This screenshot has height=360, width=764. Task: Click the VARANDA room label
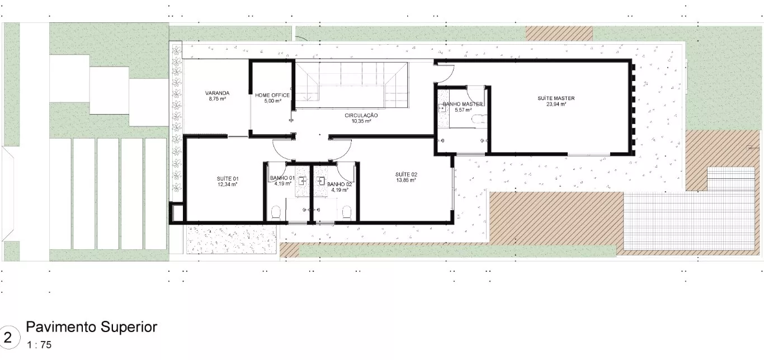(x=217, y=93)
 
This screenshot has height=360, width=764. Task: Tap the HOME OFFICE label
(x=272, y=95)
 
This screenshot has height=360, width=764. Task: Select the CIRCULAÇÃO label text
(x=361, y=115)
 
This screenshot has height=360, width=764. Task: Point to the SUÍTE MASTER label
(x=556, y=98)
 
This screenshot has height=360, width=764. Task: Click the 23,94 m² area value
(x=556, y=104)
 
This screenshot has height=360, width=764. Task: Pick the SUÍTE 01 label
(x=228, y=179)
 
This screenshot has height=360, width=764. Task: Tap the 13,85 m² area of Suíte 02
(x=406, y=180)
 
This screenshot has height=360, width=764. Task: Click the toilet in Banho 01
(x=276, y=212)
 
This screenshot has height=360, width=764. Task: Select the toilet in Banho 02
(x=347, y=212)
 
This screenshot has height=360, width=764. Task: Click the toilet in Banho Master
(x=480, y=119)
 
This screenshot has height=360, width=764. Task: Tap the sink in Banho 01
(x=302, y=181)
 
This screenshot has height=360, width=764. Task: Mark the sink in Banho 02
(x=321, y=181)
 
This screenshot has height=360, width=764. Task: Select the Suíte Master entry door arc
(x=450, y=77)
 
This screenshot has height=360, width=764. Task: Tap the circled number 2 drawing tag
(x=8, y=338)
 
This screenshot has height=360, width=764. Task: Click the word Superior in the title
(x=129, y=327)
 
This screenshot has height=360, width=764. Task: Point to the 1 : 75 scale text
(x=39, y=345)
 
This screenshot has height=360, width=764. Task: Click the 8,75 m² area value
(x=217, y=99)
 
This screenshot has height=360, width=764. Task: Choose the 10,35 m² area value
(x=361, y=121)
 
